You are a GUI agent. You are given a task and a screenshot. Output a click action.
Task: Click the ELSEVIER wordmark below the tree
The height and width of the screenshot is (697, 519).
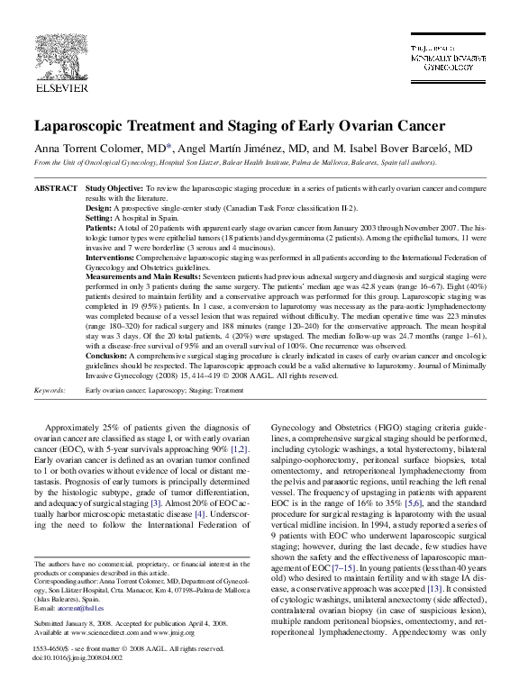59,91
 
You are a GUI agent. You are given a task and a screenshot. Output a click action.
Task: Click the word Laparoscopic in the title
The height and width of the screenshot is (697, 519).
86,126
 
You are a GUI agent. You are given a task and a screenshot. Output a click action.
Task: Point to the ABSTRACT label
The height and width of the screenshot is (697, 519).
54,188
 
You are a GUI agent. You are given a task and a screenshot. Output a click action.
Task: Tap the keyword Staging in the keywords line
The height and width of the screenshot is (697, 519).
197,392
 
